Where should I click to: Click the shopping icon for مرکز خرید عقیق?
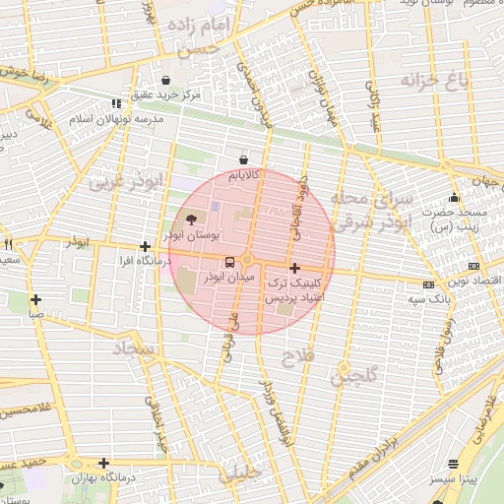click(165, 80)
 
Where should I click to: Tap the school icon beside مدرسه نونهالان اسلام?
click(116, 103)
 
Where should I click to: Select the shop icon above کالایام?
click(243, 158)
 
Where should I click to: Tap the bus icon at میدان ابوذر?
click(229, 262)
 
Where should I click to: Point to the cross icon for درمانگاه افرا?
click(145, 247)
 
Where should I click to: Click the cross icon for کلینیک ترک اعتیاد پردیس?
click(293, 268)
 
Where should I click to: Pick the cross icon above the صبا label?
click(35, 300)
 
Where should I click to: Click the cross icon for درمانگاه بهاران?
click(103, 463)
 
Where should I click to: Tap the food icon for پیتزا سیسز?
click(453, 464)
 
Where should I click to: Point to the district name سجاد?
click(135, 349)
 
